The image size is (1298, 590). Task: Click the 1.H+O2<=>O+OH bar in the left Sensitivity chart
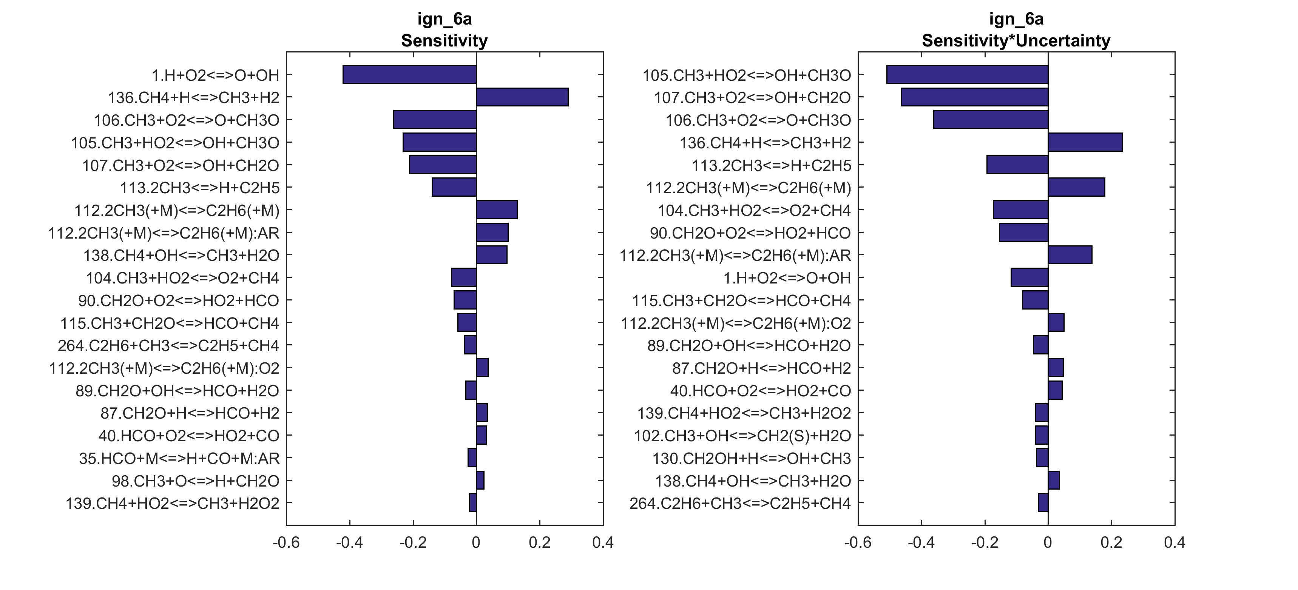click(409, 75)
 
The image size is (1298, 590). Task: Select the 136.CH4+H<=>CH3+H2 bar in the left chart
click(522, 97)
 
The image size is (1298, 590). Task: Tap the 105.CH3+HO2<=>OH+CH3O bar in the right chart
click(967, 75)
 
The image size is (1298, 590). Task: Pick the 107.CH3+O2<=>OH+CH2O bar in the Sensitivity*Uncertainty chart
click(974, 97)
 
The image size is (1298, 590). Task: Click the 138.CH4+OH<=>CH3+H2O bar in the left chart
click(491, 255)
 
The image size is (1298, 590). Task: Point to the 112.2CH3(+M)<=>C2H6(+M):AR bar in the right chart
click(1070, 255)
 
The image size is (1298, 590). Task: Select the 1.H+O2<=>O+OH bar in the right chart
click(1029, 277)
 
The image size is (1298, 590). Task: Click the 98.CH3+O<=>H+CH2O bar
click(480, 481)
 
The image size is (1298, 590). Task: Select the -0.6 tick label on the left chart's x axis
click(286, 543)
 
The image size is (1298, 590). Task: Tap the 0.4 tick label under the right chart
click(1175, 543)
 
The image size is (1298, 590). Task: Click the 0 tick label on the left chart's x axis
click(476, 543)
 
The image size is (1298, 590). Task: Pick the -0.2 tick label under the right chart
click(985, 543)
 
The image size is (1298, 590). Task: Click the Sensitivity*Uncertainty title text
click(1016, 40)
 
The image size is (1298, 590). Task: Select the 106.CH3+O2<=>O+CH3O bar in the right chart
click(990, 120)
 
